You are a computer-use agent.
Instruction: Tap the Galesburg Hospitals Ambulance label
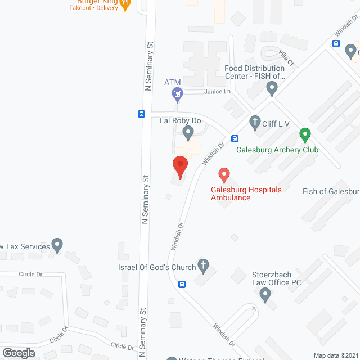click(x=246, y=193)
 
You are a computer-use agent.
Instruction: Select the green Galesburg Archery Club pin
click(x=305, y=136)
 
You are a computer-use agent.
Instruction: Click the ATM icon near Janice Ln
click(x=177, y=94)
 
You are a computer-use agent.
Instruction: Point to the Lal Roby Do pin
click(x=188, y=133)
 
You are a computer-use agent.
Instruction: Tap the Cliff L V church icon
click(x=255, y=122)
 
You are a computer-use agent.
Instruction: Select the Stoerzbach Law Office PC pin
click(x=265, y=293)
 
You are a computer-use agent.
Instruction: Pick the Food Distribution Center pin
click(x=272, y=88)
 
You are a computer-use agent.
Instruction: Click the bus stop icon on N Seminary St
click(x=141, y=113)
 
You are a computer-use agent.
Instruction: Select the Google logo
click(x=19, y=353)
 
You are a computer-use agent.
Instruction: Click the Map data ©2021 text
click(x=335, y=355)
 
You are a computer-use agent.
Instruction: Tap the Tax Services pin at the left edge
click(x=57, y=245)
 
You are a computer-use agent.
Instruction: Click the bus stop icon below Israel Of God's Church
click(x=182, y=284)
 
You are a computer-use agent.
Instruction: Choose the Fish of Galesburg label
click(x=331, y=191)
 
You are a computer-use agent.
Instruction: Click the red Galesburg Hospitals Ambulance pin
click(x=224, y=175)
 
